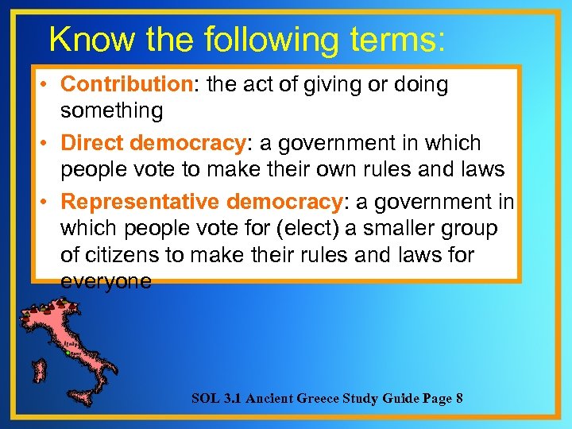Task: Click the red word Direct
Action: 91,144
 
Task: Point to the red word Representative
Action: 141,203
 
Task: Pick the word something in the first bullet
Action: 111,110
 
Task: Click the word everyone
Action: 106,282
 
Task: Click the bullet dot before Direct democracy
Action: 47,144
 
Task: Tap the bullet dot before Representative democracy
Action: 47,203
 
